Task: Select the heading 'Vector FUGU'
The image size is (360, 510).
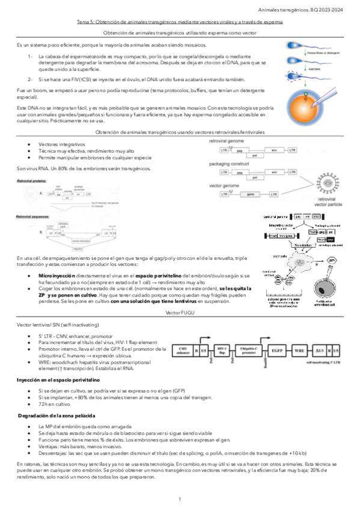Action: (x=180, y=314)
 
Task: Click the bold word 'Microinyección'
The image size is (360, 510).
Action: (x=55, y=274)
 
